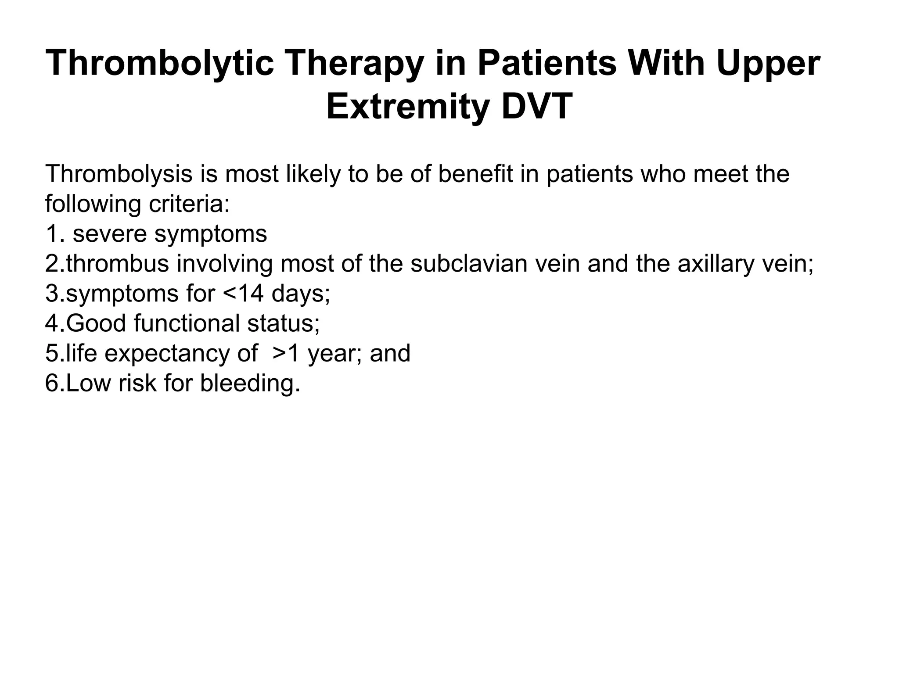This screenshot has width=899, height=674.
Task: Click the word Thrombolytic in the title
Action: [160, 64]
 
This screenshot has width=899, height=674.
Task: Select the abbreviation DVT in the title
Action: [537, 107]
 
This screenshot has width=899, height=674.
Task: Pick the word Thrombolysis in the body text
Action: [119, 174]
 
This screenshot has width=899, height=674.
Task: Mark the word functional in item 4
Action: [187, 323]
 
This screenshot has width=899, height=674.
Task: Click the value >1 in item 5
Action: [286, 353]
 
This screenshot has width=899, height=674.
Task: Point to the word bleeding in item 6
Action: [250, 383]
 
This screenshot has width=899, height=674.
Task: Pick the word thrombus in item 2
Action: [118, 264]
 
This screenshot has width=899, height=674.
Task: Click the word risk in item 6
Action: [137, 383]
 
